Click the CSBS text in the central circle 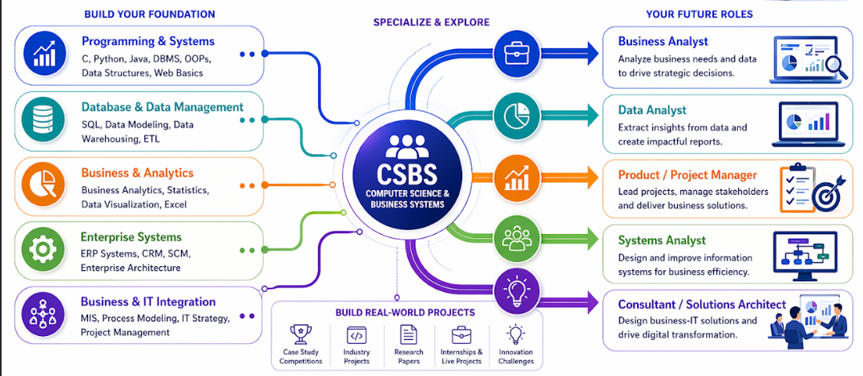pyautogui.click(x=407, y=173)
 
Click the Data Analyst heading pyautogui.click(x=652, y=111)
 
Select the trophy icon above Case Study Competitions pyautogui.click(x=300, y=334)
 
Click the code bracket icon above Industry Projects pyautogui.click(x=356, y=334)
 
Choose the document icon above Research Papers pyautogui.click(x=409, y=334)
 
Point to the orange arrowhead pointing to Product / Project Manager pyautogui.click(x=591, y=178)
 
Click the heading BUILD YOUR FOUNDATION pyautogui.click(x=150, y=14)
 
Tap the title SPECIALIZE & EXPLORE pyautogui.click(x=431, y=22)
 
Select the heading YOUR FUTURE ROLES pyautogui.click(x=700, y=14)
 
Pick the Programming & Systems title pyautogui.click(x=148, y=42)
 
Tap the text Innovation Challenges pyautogui.click(x=516, y=357)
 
